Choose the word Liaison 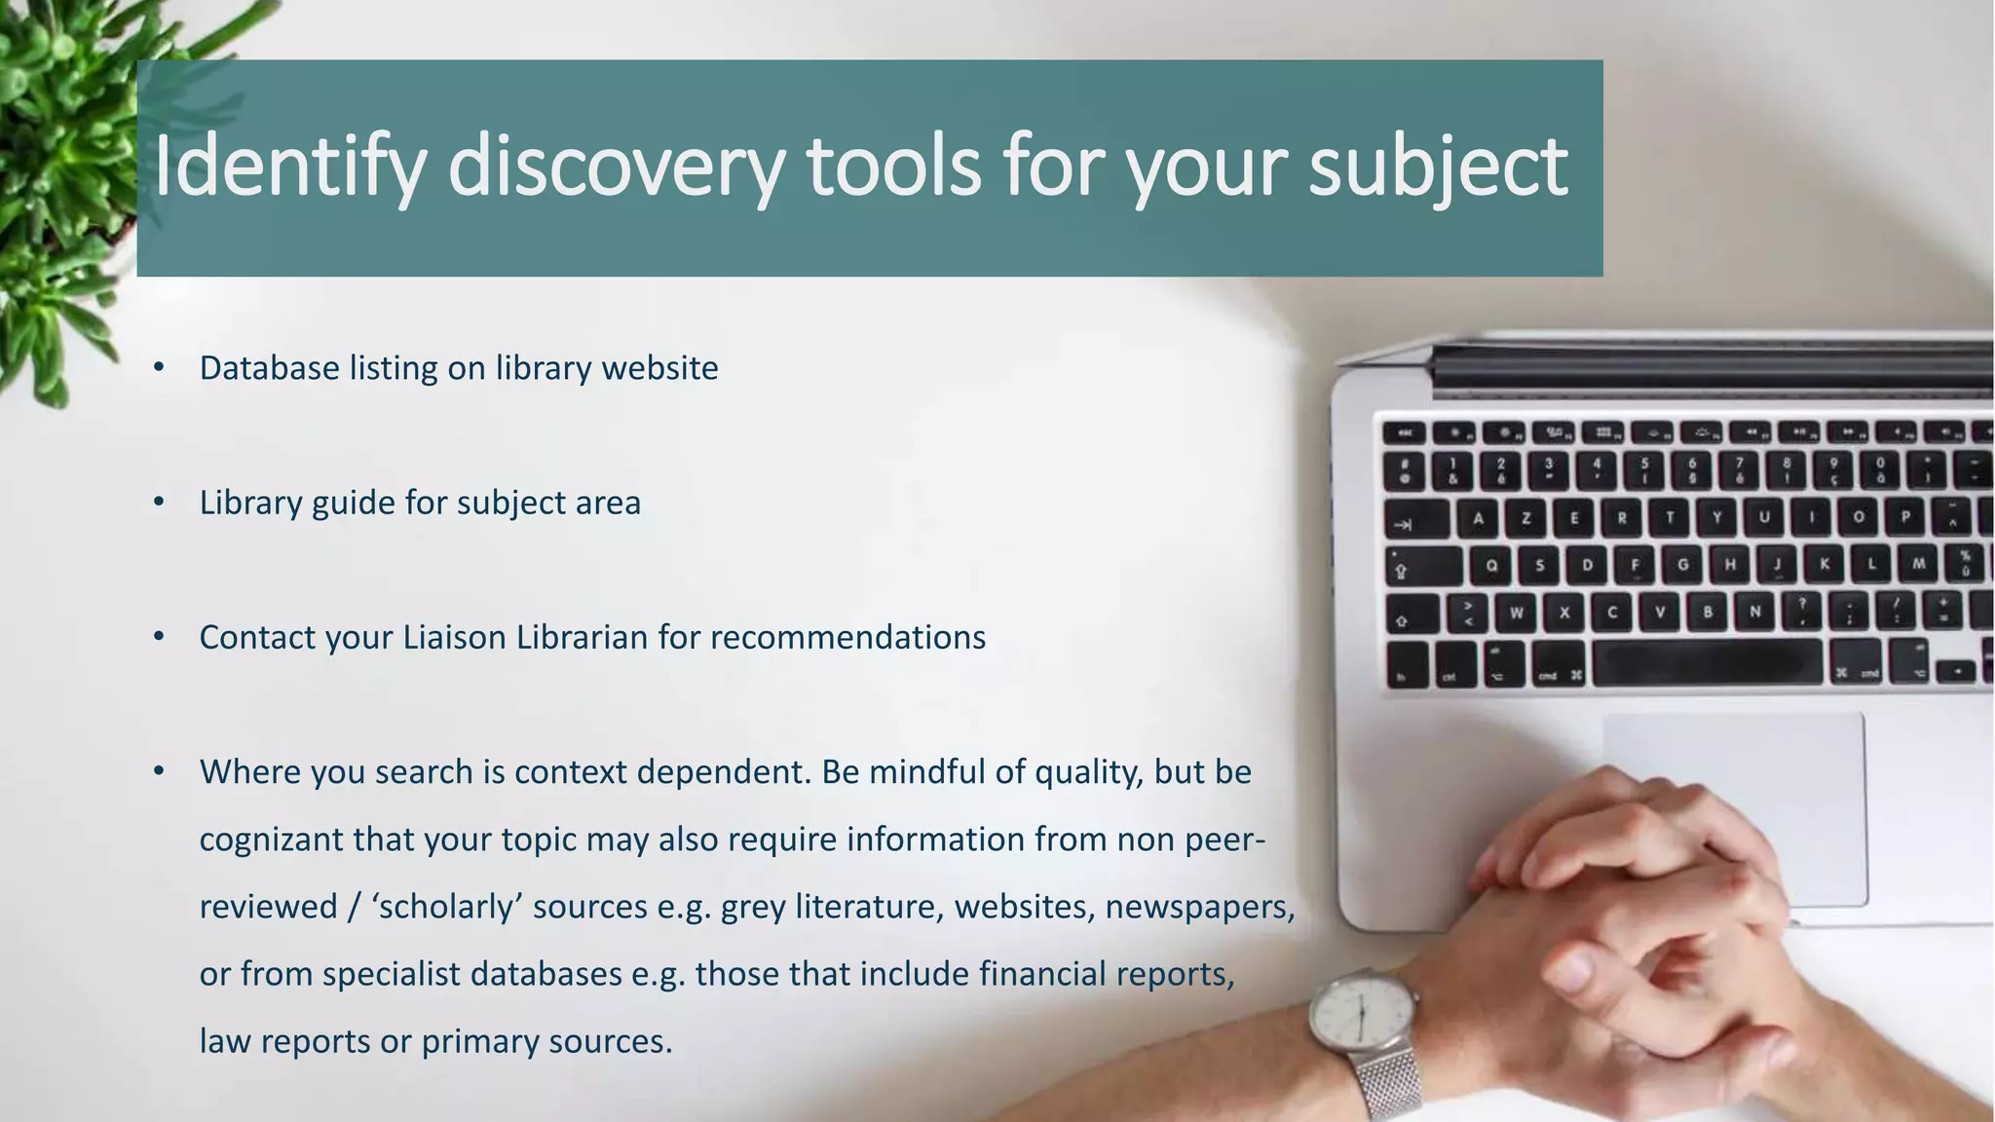coord(454,637)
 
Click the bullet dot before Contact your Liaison coord(159,637)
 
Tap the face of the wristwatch coord(1363,1018)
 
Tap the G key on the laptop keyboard coord(1682,565)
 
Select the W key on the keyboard coord(1517,613)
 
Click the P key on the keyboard coord(1905,517)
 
